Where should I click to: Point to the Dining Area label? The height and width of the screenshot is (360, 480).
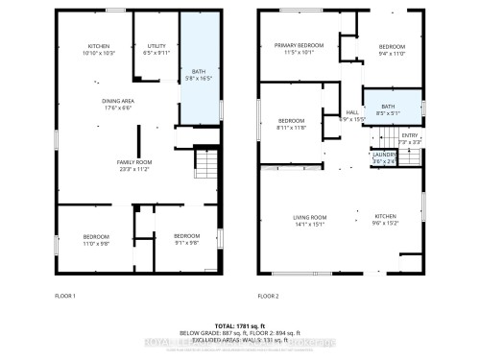(120, 104)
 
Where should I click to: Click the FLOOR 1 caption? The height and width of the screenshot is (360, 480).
(65, 296)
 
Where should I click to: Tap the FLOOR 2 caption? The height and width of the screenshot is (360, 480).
(268, 296)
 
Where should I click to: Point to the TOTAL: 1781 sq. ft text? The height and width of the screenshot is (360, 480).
(240, 327)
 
